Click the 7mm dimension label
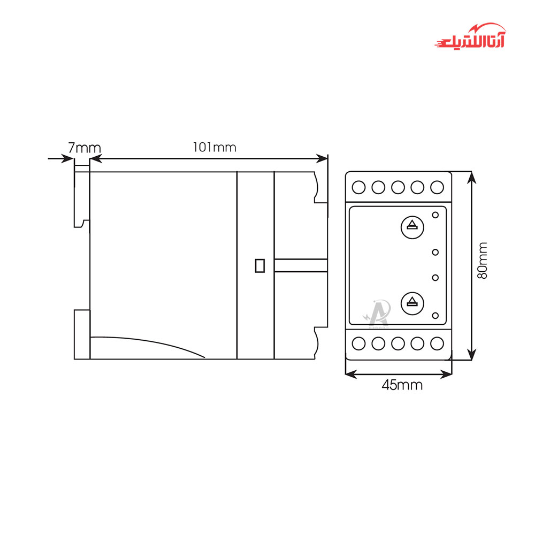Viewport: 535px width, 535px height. pyautogui.click(x=84, y=147)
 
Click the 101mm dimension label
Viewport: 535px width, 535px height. pyautogui.click(x=215, y=147)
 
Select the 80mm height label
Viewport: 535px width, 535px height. pyautogui.click(x=483, y=260)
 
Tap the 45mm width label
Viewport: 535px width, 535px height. pyautogui.click(x=402, y=385)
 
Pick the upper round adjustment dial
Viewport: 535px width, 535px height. pyautogui.click(x=411, y=226)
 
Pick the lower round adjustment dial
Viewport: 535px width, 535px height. pyautogui.click(x=411, y=302)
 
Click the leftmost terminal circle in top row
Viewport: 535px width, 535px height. pyautogui.click(x=360, y=187)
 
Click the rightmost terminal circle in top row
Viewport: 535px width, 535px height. pyautogui.click(x=437, y=187)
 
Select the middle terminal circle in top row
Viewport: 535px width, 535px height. pyautogui.click(x=398, y=187)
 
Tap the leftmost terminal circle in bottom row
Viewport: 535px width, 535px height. pyautogui.click(x=360, y=343)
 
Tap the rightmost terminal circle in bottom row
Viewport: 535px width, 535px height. pyautogui.click(x=437, y=343)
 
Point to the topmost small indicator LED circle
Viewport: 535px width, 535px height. pyautogui.click(x=435, y=215)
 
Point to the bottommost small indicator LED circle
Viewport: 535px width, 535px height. pyautogui.click(x=435, y=315)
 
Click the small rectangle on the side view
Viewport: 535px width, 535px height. pyautogui.click(x=260, y=265)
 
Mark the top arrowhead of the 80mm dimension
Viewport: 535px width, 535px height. pyautogui.click(x=471, y=176)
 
